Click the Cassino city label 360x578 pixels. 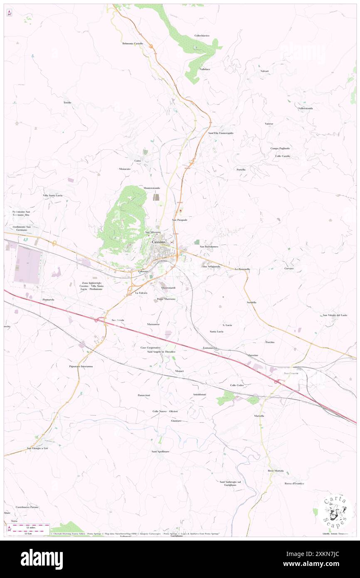coord(158,242)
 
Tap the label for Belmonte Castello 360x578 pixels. coord(133,43)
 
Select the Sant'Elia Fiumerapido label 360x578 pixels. coord(221,133)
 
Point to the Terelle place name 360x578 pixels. coord(67,102)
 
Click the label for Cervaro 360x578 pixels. coord(289,268)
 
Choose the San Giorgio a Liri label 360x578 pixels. coord(37,448)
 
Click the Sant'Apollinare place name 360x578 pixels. coord(160,451)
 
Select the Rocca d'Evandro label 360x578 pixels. coord(294,483)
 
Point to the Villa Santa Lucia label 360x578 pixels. coord(52,195)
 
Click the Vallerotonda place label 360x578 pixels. coord(305,108)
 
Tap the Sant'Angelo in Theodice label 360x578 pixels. coord(161,352)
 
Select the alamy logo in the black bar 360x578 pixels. coord(42,559)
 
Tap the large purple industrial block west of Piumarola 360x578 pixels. coord(27,265)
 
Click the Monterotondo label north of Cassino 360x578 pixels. coord(152,188)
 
